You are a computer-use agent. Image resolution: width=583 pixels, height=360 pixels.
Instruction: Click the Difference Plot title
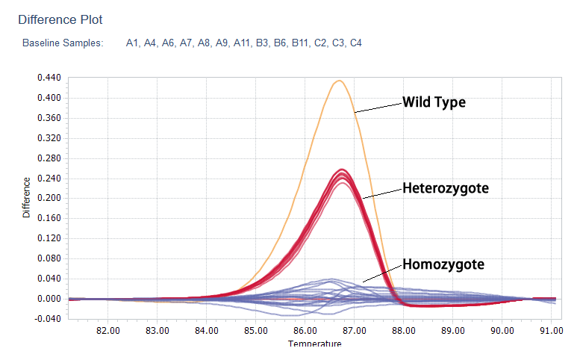tap(60, 19)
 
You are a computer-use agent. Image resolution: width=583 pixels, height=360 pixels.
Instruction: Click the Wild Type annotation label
tap(434, 102)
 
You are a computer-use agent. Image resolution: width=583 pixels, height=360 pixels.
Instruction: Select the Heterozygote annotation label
tap(446, 188)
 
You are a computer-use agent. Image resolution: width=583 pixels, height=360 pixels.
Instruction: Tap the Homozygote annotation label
tap(443, 264)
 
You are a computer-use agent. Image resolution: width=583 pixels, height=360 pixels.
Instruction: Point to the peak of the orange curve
tap(339, 81)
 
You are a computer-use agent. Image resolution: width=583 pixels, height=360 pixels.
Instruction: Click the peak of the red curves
tap(342, 171)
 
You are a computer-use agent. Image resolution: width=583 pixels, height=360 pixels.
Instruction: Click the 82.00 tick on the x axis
tap(109, 330)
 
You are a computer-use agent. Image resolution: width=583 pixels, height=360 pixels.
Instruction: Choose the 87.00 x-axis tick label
tap(355, 330)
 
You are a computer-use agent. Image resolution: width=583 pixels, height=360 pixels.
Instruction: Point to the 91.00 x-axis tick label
tap(551, 330)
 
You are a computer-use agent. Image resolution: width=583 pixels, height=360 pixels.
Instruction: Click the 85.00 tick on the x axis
tap(256, 330)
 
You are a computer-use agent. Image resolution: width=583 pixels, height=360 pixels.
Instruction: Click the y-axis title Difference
tap(27, 197)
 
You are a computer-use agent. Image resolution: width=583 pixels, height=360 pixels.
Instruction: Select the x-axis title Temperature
tap(314, 344)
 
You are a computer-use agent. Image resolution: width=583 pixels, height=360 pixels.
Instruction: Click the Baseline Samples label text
tap(63, 43)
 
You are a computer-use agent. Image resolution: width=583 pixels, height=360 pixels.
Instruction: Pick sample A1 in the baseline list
tap(133, 43)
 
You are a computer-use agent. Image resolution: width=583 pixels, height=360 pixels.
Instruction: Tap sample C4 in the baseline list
tap(355, 43)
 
